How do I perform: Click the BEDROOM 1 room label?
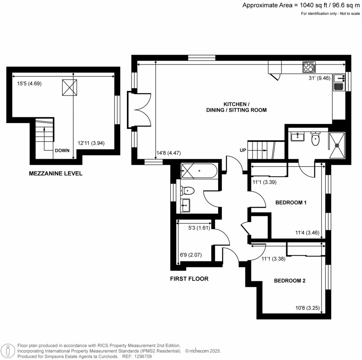point(291,203)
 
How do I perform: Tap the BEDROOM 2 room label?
point(290,280)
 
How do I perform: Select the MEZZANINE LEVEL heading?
point(56,173)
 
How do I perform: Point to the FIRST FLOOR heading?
point(189,279)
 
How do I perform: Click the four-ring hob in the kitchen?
point(309,67)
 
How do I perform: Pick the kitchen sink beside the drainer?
point(339,78)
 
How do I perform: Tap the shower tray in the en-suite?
point(337,145)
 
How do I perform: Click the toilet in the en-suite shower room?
point(315,139)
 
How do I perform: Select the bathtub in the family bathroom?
point(199,171)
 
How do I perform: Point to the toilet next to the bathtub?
point(187,191)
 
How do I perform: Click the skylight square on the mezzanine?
point(70,87)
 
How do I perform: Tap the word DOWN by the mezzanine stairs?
point(62,151)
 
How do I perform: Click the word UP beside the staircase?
point(243,150)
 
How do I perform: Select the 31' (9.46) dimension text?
point(320,78)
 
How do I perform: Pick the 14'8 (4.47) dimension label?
point(169,153)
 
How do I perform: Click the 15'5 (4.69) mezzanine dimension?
point(29,83)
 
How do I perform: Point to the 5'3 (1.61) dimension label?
point(199,228)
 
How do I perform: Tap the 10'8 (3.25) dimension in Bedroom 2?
point(308,308)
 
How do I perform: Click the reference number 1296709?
point(144,356)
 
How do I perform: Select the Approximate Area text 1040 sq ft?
point(314,5)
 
